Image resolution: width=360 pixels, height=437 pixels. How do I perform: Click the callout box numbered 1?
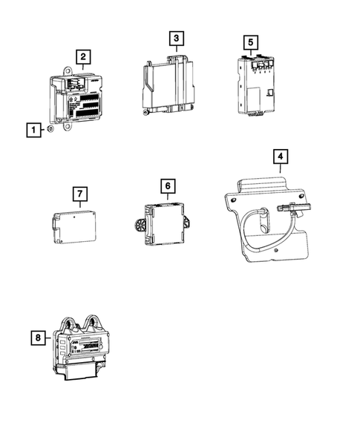(33, 130)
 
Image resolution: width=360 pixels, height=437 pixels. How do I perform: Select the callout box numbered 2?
(83, 57)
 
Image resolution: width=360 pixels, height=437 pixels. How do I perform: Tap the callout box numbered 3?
(177, 38)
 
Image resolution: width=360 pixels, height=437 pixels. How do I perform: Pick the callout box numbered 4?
(281, 157)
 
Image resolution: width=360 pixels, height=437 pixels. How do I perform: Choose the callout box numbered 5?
(251, 42)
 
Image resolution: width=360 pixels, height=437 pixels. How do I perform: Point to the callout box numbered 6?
(168, 186)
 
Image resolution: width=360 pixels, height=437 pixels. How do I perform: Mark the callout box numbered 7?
(80, 194)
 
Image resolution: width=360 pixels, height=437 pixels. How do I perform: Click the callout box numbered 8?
(38, 338)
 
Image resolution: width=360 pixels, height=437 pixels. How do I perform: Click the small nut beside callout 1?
(50, 129)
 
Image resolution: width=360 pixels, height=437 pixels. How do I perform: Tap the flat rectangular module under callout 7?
(75, 227)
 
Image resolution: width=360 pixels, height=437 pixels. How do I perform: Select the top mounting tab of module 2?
(68, 71)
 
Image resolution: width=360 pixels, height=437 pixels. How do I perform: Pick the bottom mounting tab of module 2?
(68, 126)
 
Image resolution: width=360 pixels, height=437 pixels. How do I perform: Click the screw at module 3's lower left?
(145, 112)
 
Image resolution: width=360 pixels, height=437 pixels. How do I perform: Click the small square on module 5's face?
(270, 93)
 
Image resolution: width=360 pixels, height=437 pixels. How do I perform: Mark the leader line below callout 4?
(281, 168)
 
